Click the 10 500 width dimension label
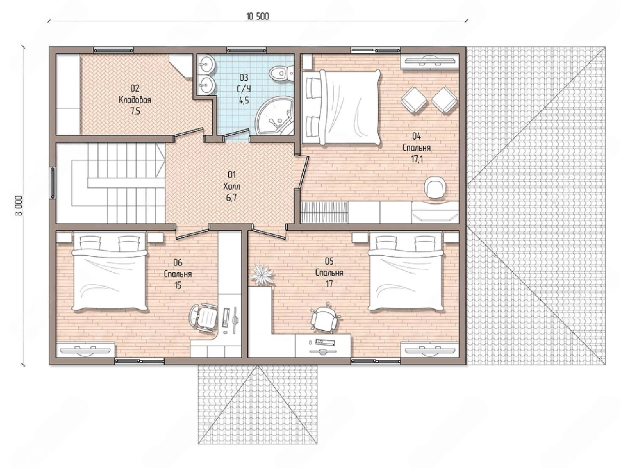point(257,17)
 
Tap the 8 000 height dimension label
point(19,206)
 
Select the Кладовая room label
point(135,100)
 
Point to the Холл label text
point(232,186)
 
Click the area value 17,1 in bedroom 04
point(417,159)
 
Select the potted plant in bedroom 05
point(261,274)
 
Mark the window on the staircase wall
point(53,183)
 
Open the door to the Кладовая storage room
point(188,134)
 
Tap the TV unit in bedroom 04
point(430,61)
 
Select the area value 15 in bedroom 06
point(178,285)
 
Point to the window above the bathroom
point(246,50)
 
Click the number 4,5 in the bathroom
point(244,100)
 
